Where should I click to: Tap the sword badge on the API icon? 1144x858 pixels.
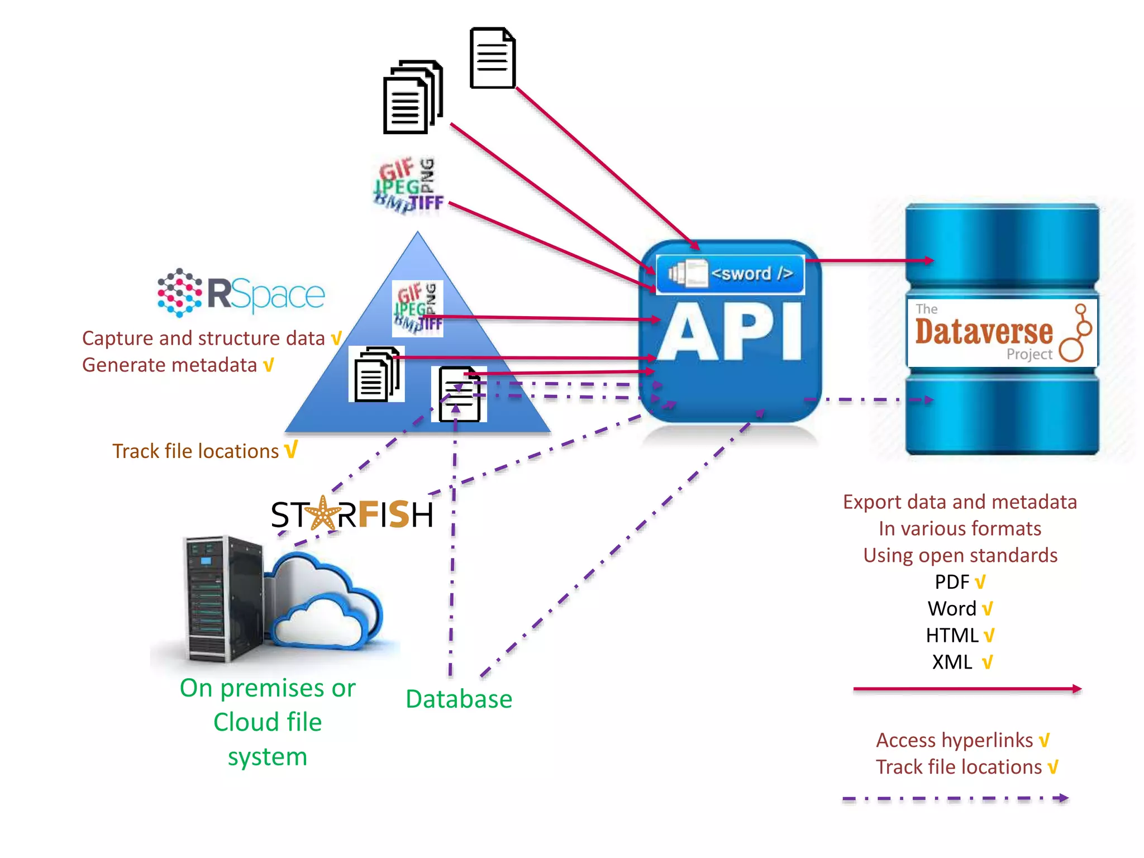[x=730, y=274]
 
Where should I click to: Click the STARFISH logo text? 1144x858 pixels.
[x=352, y=514]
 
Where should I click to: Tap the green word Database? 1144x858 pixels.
[x=459, y=699]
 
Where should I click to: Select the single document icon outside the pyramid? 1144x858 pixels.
[x=492, y=58]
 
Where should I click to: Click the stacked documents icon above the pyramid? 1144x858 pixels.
[x=412, y=97]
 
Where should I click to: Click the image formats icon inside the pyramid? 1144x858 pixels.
[x=417, y=308]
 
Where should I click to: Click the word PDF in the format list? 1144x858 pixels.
[x=952, y=582]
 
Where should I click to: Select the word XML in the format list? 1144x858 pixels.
[x=952, y=662]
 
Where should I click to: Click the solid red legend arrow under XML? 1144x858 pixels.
[x=966, y=689]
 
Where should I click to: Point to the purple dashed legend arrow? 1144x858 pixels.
[x=955, y=799]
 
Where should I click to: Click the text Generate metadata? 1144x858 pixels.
[x=169, y=365]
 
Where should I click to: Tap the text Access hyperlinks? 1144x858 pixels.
[x=954, y=740]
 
